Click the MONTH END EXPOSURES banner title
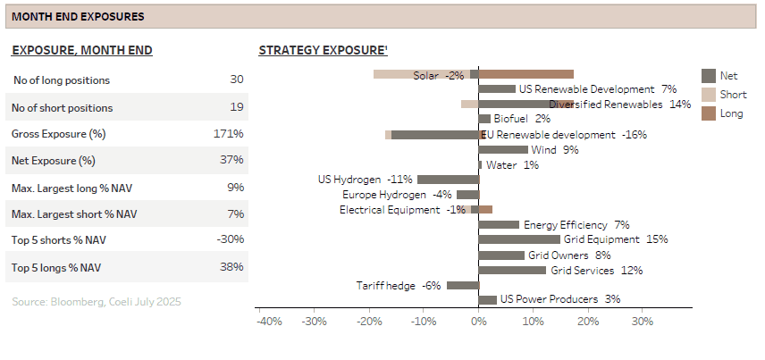tap(77, 17)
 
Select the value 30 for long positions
tap(236, 80)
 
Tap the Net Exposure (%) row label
tap(53, 160)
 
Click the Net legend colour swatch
tap(709, 76)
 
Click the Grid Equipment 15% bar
tap(519, 239)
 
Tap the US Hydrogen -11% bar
tap(448, 179)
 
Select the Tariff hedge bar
tap(462, 285)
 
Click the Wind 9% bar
tap(503, 149)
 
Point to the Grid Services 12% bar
tap(512, 270)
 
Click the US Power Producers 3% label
tap(559, 299)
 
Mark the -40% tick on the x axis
tap(269, 321)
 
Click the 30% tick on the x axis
tap(642, 321)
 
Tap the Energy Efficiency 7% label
tap(576, 224)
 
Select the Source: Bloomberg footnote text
tap(97, 302)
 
